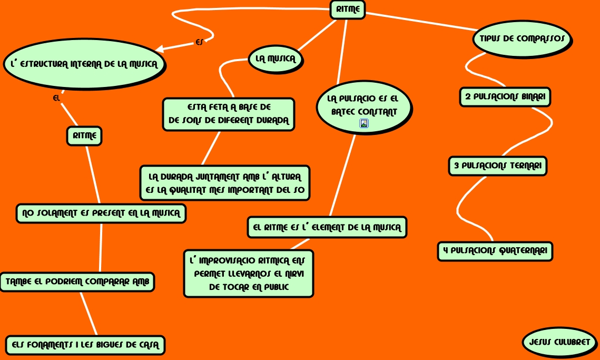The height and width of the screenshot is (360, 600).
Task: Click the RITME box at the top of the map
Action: click(x=348, y=9)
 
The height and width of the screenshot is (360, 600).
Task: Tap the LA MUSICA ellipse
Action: click(x=276, y=59)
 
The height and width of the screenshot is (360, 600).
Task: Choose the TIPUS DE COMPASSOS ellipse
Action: click(x=522, y=38)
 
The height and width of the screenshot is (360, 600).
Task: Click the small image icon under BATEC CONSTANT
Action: click(x=364, y=123)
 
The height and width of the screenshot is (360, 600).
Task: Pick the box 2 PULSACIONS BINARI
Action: click(x=505, y=97)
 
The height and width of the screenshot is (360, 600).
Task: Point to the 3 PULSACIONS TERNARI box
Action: click(x=498, y=166)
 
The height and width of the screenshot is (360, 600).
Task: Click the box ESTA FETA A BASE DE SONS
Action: click(x=228, y=114)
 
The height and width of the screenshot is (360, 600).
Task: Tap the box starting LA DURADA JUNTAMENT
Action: click(x=224, y=183)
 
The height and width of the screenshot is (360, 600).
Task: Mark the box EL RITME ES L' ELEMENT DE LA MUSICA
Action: click(x=327, y=227)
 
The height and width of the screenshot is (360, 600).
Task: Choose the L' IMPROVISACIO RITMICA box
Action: click(x=249, y=274)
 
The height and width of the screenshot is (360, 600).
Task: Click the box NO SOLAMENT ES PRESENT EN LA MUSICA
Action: click(x=101, y=213)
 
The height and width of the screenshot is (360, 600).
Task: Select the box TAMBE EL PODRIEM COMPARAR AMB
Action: click(x=77, y=281)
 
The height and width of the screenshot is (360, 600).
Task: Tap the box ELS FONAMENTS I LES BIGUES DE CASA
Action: click(x=85, y=345)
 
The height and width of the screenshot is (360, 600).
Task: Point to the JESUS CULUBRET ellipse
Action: click(x=559, y=342)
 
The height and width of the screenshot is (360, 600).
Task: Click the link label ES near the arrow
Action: click(x=199, y=42)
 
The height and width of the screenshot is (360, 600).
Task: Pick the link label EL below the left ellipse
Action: click(x=57, y=98)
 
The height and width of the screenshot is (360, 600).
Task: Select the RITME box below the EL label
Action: click(x=84, y=136)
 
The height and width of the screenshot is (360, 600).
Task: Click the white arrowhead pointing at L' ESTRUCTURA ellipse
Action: click(x=160, y=50)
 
